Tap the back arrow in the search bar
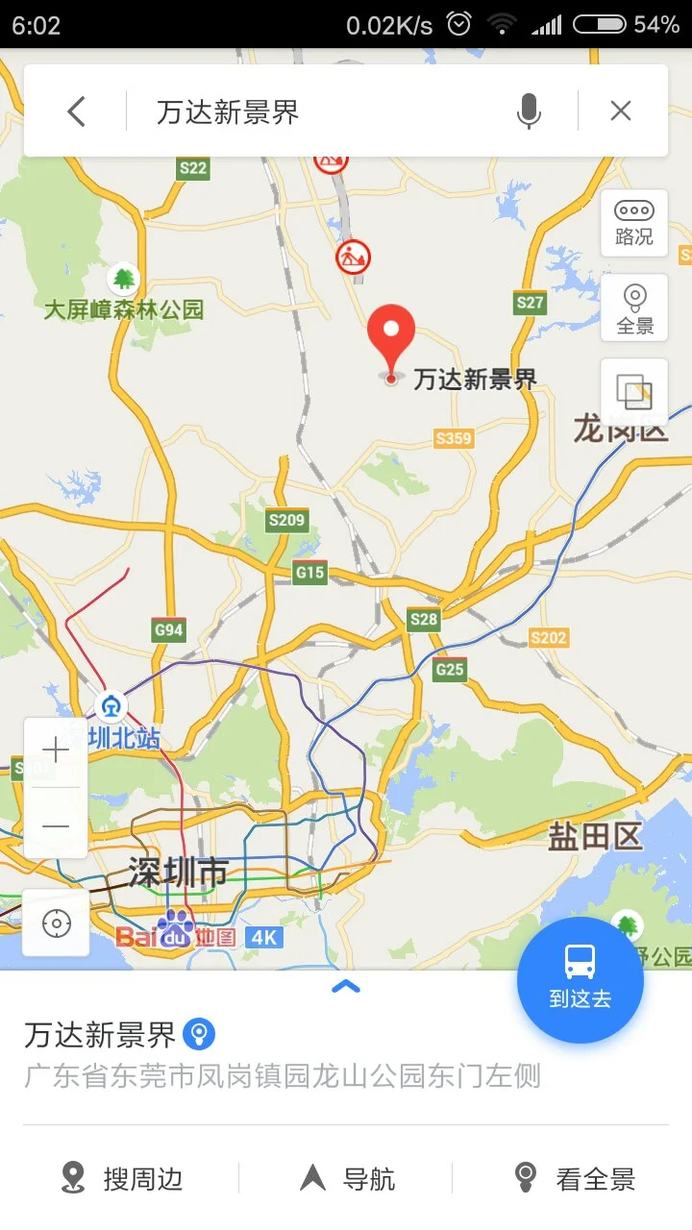click(x=76, y=111)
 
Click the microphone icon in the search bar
click(x=529, y=111)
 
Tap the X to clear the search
click(x=621, y=111)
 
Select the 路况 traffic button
click(x=634, y=223)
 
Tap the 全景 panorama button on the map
click(x=634, y=309)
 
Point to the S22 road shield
click(x=193, y=168)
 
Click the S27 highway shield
click(x=530, y=303)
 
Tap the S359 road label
click(x=454, y=438)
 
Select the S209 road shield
click(x=286, y=520)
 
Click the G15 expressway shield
click(x=309, y=573)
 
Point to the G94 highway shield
click(x=168, y=630)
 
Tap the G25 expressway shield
click(x=450, y=670)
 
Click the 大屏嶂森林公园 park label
click(x=124, y=308)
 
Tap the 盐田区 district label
click(x=595, y=836)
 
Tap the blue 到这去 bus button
click(x=580, y=980)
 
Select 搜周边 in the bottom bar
click(x=122, y=1178)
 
